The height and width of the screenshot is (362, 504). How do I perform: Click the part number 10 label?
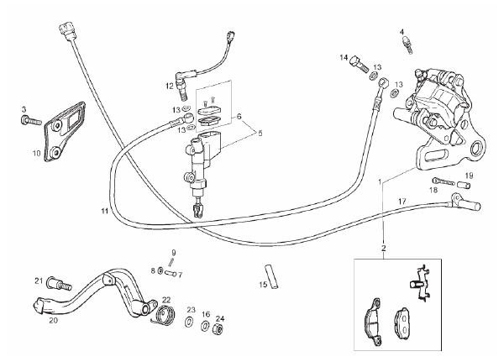point(36,154)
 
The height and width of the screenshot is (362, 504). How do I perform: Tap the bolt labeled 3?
point(30,121)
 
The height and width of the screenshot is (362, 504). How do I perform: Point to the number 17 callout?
point(402,202)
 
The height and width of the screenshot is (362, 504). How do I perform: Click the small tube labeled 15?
point(272,276)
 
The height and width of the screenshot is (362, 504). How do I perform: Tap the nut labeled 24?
point(218,328)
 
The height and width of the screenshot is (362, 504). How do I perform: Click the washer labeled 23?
point(190,323)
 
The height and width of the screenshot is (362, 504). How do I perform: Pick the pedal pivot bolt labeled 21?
point(59,284)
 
